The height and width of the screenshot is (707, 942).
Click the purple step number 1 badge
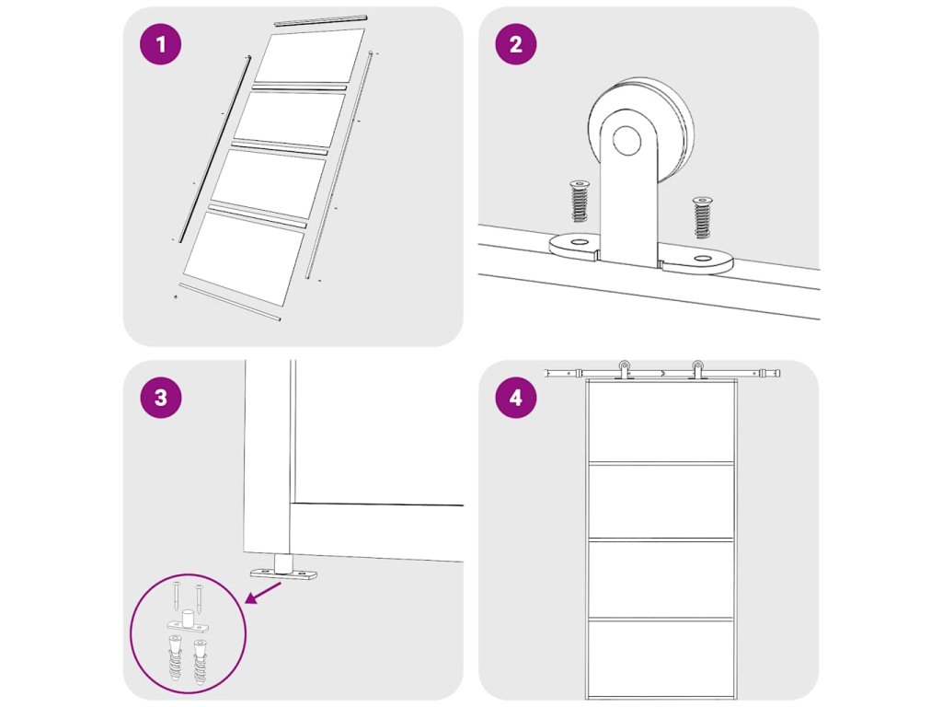(160, 44)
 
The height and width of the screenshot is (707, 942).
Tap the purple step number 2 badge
(515, 44)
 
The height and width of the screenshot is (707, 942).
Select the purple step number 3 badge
(160, 398)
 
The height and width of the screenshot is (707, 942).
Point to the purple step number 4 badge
(515, 398)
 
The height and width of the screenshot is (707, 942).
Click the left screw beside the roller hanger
(580, 201)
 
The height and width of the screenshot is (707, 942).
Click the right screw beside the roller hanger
(702, 217)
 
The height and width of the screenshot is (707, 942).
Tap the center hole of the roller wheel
(626, 140)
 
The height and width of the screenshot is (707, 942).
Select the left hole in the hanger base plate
(580, 242)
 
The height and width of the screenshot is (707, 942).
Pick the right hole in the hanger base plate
(702, 259)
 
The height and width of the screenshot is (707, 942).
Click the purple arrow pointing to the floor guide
(264, 592)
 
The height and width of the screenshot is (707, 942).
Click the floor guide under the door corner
(283, 567)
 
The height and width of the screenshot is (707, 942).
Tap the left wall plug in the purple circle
(174, 657)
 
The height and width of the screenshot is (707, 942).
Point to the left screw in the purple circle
(176, 596)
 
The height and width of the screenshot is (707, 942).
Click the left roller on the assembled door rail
(625, 370)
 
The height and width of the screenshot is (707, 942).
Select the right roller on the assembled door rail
(697, 370)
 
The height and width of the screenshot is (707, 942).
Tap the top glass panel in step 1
(309, 56)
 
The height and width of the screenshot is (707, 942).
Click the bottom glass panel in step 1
(244, 259)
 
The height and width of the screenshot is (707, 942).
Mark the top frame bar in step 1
(321, 21)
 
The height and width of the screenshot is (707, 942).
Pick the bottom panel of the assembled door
(661, 658)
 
